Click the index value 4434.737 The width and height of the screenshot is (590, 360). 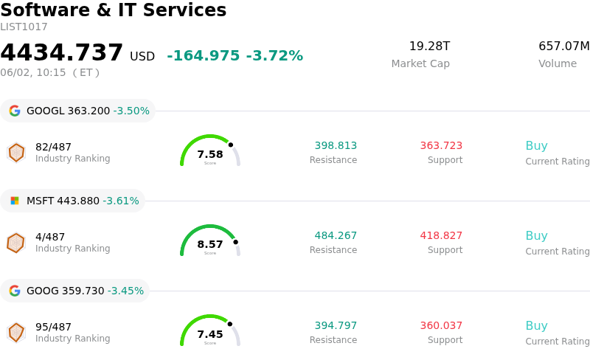[x=61, y=52]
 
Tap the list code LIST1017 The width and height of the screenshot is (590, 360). [x=24, y=27]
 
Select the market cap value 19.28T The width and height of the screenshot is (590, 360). [x=429, y=46]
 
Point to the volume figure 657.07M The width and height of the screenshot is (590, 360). [x=563, y=46]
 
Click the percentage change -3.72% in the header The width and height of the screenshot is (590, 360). [x=274, y=56]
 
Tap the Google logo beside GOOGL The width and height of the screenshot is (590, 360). [x=15, y=111]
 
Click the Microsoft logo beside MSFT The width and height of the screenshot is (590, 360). [x=15, y=201]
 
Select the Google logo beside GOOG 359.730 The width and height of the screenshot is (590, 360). [x=15, y=291]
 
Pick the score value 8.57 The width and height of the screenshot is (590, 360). [x=210, y=244]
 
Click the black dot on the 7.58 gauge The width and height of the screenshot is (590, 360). [x=231, y=145]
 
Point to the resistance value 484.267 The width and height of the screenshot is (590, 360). [x=336, y=236]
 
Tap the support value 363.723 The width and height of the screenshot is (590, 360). [x=441, y=146]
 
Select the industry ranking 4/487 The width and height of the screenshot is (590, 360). [x=50, y=237]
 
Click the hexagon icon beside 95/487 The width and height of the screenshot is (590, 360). [x=16, y=333]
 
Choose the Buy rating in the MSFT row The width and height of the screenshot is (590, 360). [x=536, y=236]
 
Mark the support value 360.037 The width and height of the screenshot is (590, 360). [x=441, y=326]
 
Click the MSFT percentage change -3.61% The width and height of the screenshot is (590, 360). [x=121, y=201]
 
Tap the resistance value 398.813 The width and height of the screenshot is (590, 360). [x=336, y=146]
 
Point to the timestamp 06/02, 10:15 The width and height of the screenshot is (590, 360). [x=33, y=73]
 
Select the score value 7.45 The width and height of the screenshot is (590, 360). [x=210, y=334]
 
